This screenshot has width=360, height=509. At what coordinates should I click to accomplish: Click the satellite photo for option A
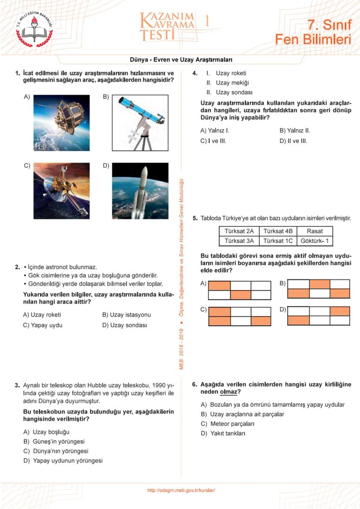coord(61,123)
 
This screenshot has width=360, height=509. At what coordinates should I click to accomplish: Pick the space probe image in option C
coord(61,190)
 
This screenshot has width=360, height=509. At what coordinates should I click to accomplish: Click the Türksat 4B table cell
coord(278,231)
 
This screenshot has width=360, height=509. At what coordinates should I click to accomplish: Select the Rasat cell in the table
coord(315,231)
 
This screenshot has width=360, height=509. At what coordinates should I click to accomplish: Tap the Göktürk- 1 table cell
coord(315,240)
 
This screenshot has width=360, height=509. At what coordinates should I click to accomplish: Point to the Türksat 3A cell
coord(239,240)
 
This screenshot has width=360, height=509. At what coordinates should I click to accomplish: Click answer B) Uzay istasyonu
coord(127,315)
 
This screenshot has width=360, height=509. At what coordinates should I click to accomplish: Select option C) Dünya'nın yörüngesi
coord(56,451)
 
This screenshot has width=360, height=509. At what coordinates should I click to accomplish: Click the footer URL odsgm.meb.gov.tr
coord(181,490)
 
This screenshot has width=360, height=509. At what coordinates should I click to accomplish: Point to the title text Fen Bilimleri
coord(313,40)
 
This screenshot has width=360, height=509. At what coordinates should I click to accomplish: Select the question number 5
coord(195,218)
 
